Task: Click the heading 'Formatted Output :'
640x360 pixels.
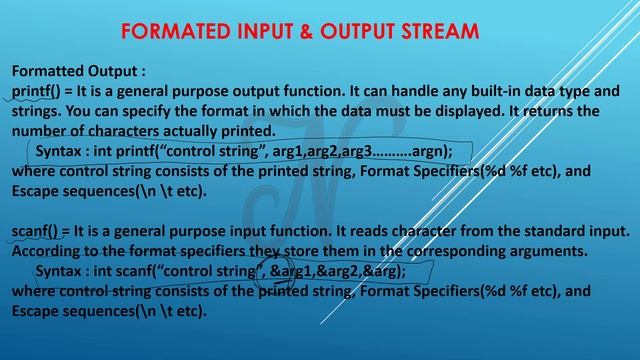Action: pos(78,72)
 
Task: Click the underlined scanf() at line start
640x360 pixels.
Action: pos(35,231)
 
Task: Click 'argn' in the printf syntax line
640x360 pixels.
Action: pos(430,151)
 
